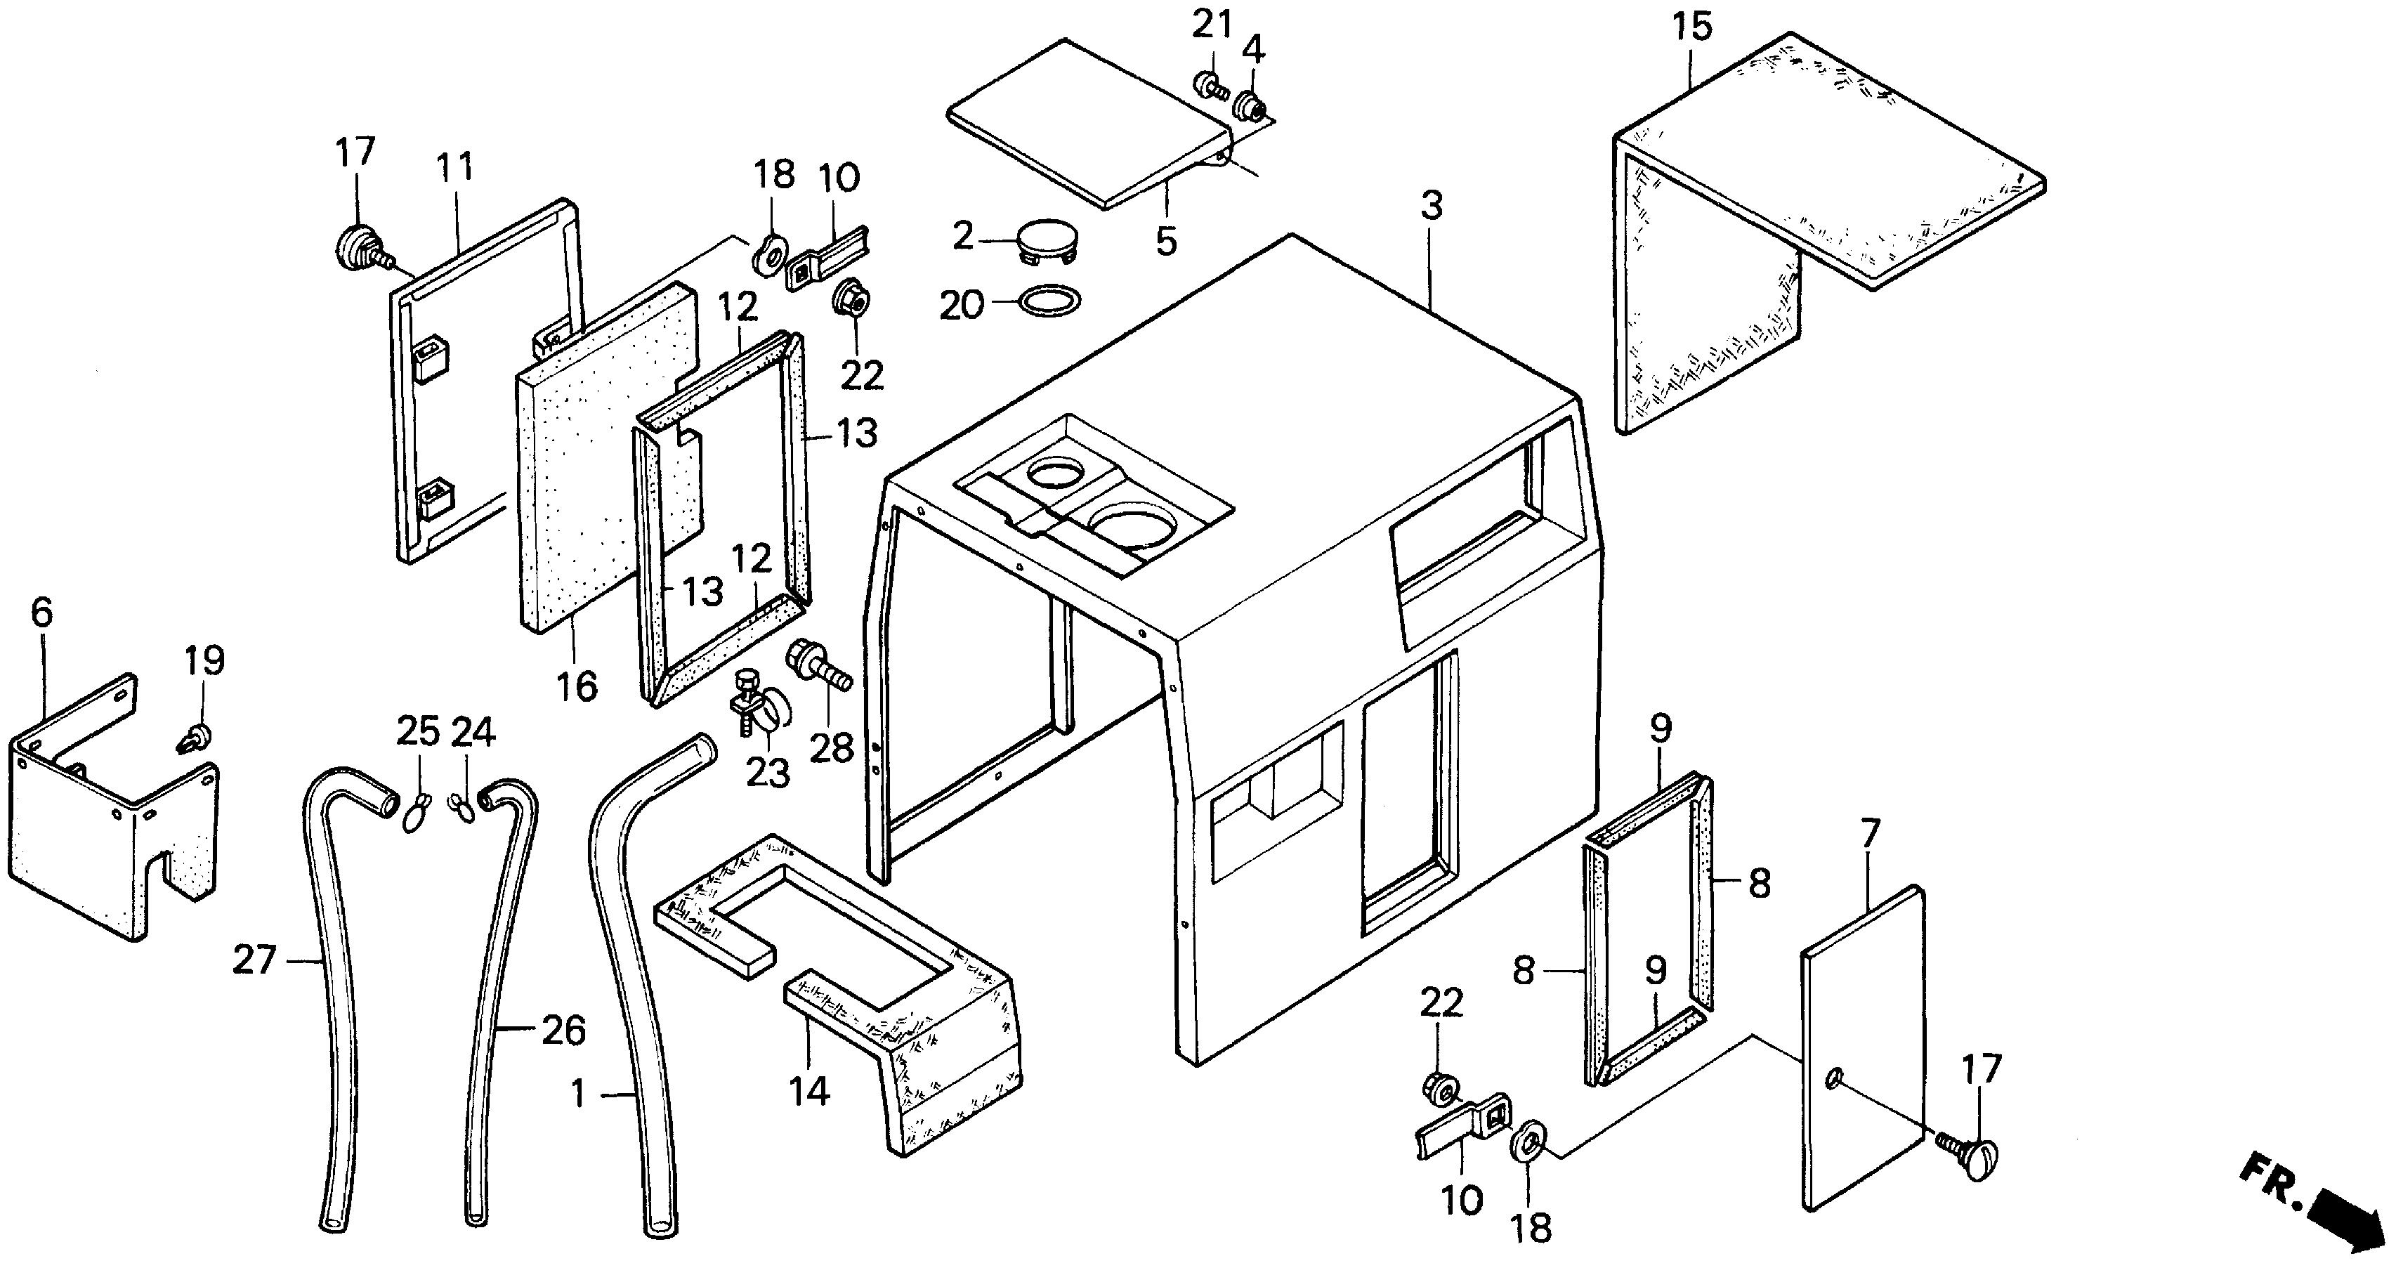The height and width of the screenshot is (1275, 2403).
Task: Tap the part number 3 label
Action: (1432, 205)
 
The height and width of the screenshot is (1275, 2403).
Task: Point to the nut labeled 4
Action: (1248, 108)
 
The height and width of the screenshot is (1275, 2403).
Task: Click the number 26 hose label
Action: (563, 1030)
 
